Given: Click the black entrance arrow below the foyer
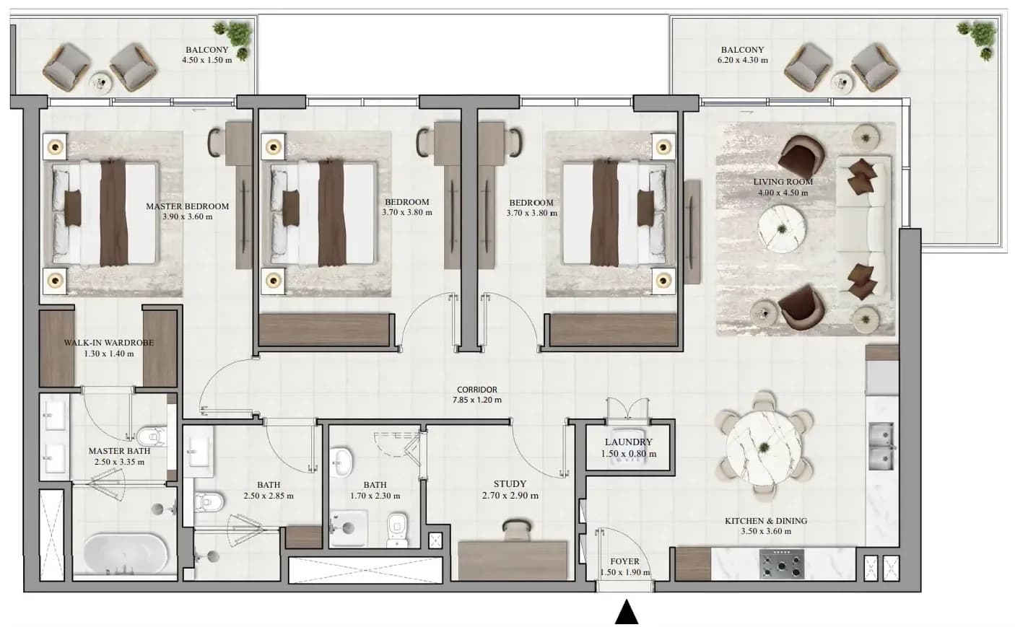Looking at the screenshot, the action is click(627, 612).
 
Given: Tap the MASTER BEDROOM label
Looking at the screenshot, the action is click(187, 206).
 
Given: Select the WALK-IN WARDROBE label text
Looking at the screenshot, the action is click(109, 343).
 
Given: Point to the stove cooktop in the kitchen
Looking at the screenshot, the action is click(782, 564).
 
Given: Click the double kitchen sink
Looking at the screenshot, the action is click(881, 446).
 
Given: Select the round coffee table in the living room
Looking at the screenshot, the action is click(782, 229).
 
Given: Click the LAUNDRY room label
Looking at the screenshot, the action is click(629, 442).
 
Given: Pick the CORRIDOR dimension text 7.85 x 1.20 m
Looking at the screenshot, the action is click(476, 400).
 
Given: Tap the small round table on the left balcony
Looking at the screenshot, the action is click(100, 84).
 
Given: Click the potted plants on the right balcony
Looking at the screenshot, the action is click(979, 38).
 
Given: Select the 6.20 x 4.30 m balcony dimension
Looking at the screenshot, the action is click(742, 60).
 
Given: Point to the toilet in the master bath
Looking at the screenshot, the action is click(152, 437).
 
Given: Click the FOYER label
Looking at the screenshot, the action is click(625, 561).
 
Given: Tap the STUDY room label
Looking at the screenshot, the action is click(510, 484).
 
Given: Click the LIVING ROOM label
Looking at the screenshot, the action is click(783, 182).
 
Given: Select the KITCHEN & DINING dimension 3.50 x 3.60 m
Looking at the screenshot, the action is click(766, 531).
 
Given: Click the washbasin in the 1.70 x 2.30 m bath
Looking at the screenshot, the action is click(340, 462).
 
